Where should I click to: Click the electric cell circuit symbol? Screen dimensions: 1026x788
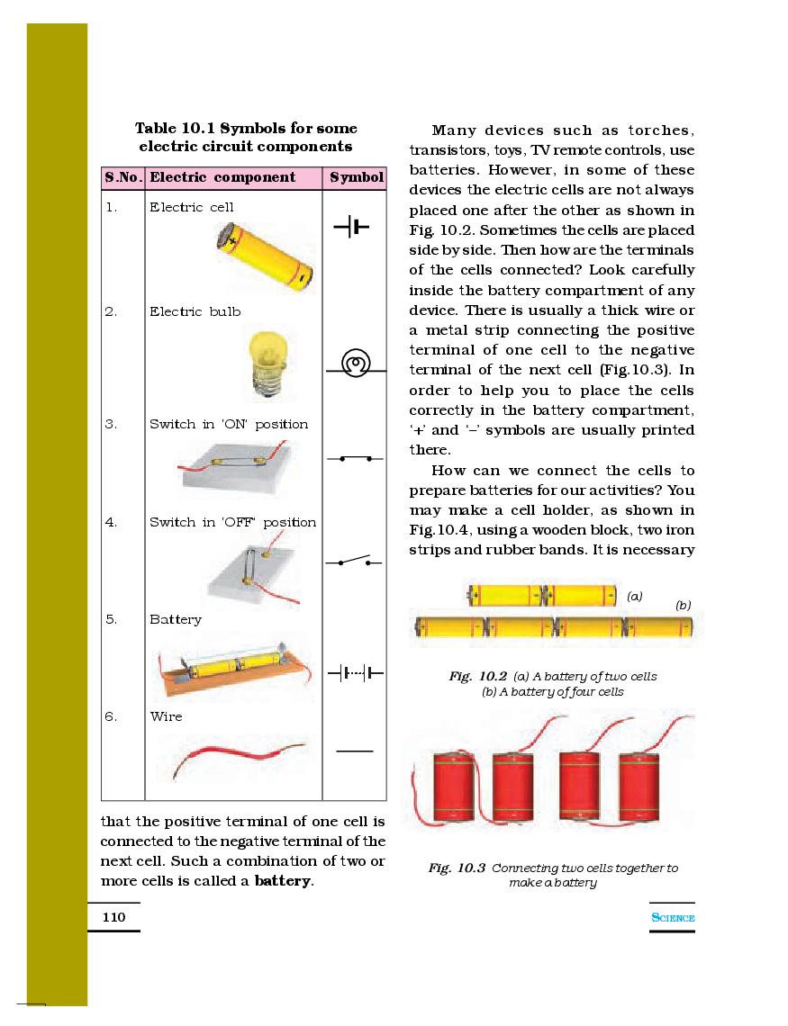pyautogui.click(x=351, y=229)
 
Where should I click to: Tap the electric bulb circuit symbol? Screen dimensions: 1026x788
pyautogui.click(x=354, y=364)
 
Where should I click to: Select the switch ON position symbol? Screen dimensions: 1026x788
pyautogui.click(x=355, y=459)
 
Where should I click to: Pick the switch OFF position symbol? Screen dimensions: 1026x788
pyautogui.click(x=355, y=562)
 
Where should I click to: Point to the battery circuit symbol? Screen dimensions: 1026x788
pyautogui.click(x=356, y=672)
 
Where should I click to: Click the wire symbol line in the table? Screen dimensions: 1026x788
pyautogui.click(x=355, y=750)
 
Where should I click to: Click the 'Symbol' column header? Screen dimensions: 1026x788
pyautogui.click(x=356, y=177)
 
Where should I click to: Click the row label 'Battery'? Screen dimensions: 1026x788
pyautogui.click(x=176, y=619)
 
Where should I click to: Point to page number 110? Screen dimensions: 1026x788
pyautogui.click(x=113, y=917)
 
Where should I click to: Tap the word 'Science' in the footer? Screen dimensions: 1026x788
pyautogui.click(x=673, y=918)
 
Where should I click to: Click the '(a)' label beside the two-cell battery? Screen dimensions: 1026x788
pyautogui.click(x=635, y=596)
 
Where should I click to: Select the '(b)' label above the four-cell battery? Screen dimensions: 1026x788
pyautogui.click(x=684, y=606)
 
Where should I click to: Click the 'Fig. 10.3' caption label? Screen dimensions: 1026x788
pyautogui.click(x=457, y=868)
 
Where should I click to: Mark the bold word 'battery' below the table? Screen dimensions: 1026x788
pyautogui.click(x=283, y=881)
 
